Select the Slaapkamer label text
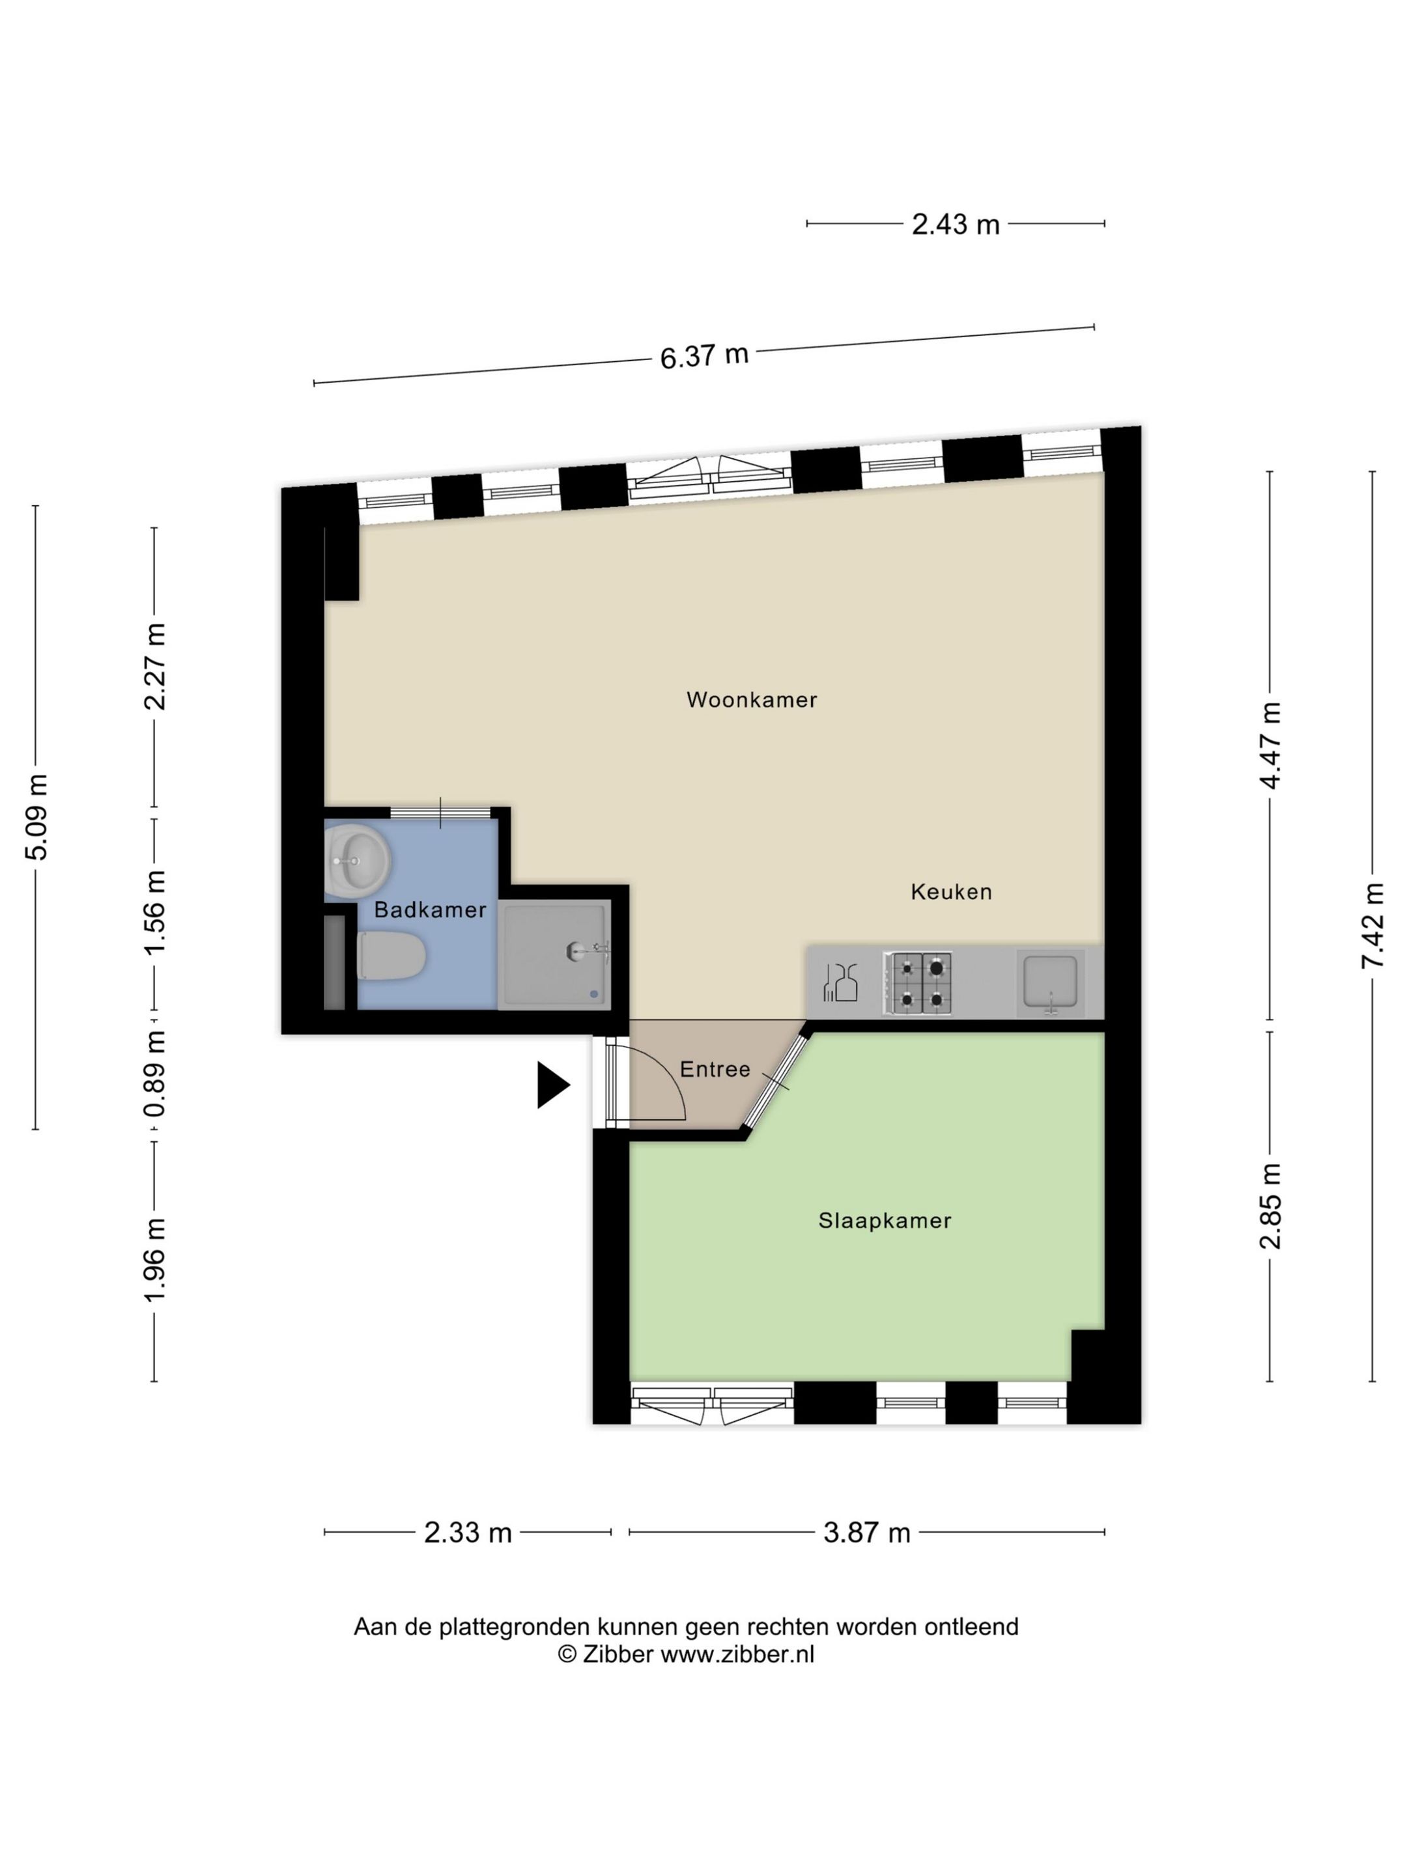[x=884, y=1220]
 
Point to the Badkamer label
[x=430, y=910]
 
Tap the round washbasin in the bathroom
[x=356, y=861]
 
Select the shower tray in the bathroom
[x=554, y=954]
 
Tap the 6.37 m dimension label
[x=704, y=355]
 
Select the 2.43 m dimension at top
[x=955, y=225]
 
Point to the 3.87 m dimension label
[x=866, y=1533]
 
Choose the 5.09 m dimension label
[x=36, y=816]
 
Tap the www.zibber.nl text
[x=736, y=1654]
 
